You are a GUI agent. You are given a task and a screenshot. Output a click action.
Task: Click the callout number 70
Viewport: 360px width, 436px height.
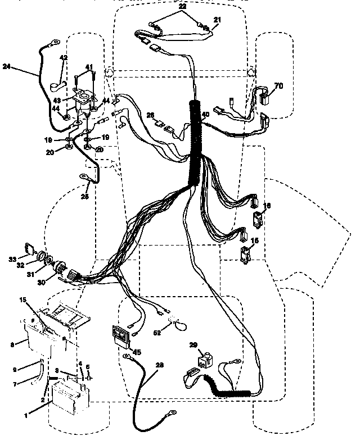tap(278, 85)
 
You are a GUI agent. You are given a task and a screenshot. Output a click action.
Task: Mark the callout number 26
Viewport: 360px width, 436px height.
tap(150, 115)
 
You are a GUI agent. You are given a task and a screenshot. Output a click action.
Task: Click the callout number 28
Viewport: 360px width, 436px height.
tap(160, 366)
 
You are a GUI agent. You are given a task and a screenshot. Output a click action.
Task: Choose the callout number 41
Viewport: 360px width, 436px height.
tap(88, 66)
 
